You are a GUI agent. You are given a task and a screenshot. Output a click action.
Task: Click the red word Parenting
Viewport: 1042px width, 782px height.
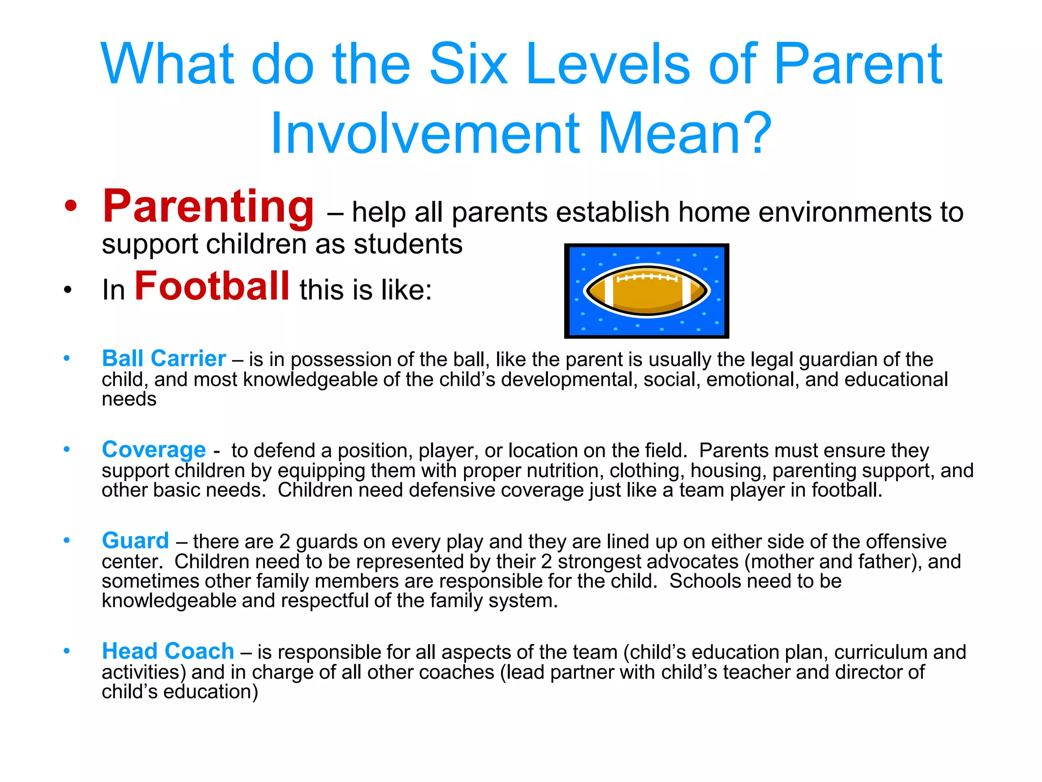[x=208, y=207]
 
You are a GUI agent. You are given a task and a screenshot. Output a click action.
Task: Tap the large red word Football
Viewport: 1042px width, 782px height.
[x=212, y=286]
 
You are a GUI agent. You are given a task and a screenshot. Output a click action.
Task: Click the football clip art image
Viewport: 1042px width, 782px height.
[x=646, y=291]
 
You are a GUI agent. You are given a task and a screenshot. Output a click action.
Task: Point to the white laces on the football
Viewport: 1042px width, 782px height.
[x=646, y=277]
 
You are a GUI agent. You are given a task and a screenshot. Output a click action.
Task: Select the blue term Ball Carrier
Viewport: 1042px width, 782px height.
[x=163, y=358]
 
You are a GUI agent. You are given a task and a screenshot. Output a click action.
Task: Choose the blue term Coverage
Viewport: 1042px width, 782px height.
[x=154, y=450]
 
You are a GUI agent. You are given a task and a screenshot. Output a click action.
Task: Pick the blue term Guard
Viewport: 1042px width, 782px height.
[x=135, y=541]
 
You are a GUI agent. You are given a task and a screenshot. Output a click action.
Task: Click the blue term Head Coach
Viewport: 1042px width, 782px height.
[x=167, y=651]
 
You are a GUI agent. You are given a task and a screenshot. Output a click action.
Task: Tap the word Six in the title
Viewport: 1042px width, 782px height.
[x=468, y=65]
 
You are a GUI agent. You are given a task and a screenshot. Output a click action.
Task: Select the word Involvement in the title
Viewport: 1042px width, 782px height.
[x=425, y=133]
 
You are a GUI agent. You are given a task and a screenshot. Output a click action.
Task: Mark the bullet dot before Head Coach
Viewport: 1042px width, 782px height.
[x=67, y=651]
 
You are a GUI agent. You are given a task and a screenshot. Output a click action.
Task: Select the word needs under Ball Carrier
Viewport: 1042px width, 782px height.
[x=129, y=399]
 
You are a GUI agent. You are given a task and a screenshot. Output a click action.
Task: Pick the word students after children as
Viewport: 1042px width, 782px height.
[x=408, y=244]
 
